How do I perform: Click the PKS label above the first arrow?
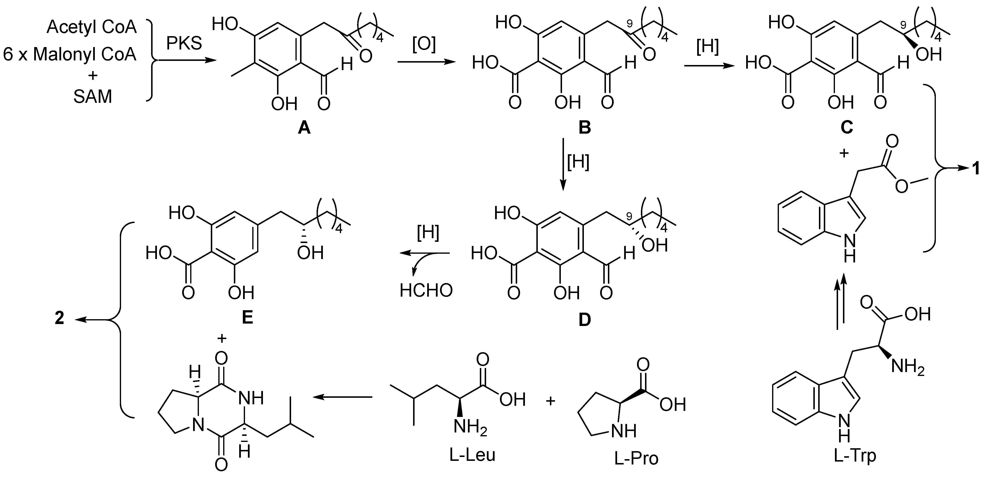click(x=184, y=43)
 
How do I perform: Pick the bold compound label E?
click(x=247, y=318)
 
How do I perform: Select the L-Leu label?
click(x=473, y=455)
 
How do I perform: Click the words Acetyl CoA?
click(x=92, y=28)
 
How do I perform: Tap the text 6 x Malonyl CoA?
click(x=70, y=55)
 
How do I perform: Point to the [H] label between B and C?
click(x=707, y=47)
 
